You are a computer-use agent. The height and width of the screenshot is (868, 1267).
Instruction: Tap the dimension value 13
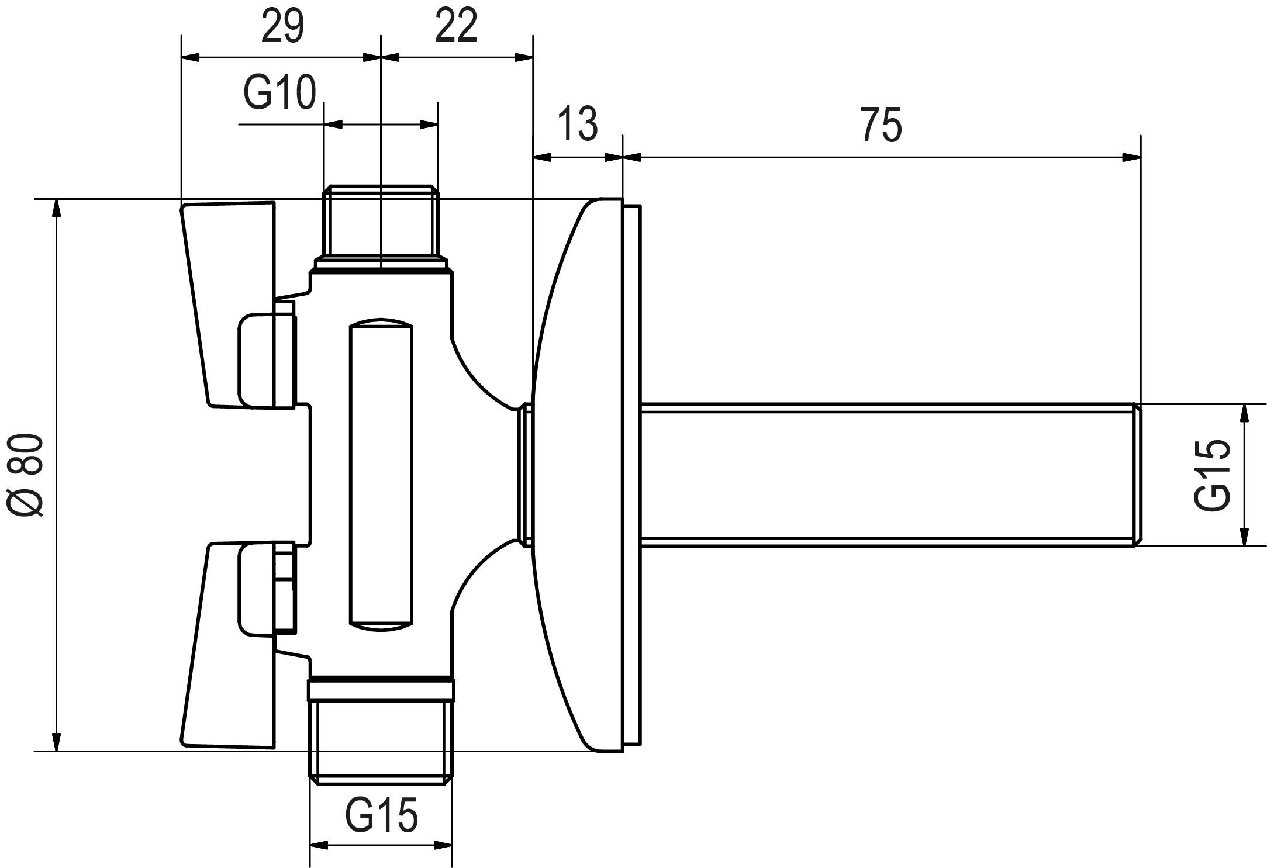tap(578, 124)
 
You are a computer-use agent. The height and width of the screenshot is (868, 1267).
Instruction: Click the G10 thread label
tap(279, 93)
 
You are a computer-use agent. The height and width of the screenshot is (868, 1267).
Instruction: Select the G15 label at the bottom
tap(381, 815)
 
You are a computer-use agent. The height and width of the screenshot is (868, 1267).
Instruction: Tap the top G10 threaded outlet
tap(381, 222)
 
